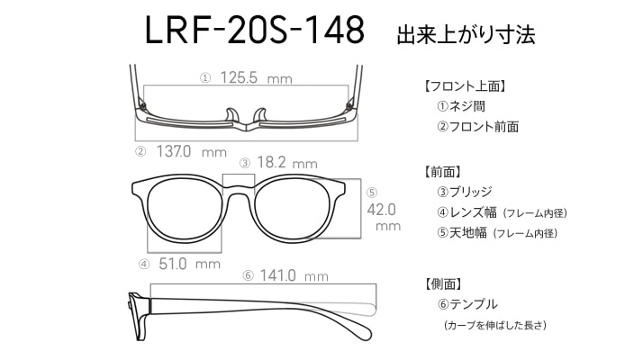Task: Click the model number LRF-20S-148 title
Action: coord(255,31)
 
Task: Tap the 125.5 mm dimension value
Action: coord(257,77)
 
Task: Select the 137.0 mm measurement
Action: coord(192,152)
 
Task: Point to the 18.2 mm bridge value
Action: coord(287,162)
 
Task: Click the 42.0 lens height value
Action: coord(382,210)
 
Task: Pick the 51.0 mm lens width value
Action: coord(189,264)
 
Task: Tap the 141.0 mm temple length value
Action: coord(294,275)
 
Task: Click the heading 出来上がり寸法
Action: coord(466,35)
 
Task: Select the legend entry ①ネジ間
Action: coord(461,106)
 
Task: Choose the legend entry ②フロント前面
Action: coord(477,127)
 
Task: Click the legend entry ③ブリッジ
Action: coord(464,192)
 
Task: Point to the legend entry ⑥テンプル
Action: coord(467,304)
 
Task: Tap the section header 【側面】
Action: coord(444,283)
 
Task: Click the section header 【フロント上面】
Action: coord(465,86)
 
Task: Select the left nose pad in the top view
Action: coord(231,115)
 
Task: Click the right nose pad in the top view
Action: coord(260,115)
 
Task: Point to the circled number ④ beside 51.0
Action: coord(144,265)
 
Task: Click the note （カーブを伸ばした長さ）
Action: coord(495,325)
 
